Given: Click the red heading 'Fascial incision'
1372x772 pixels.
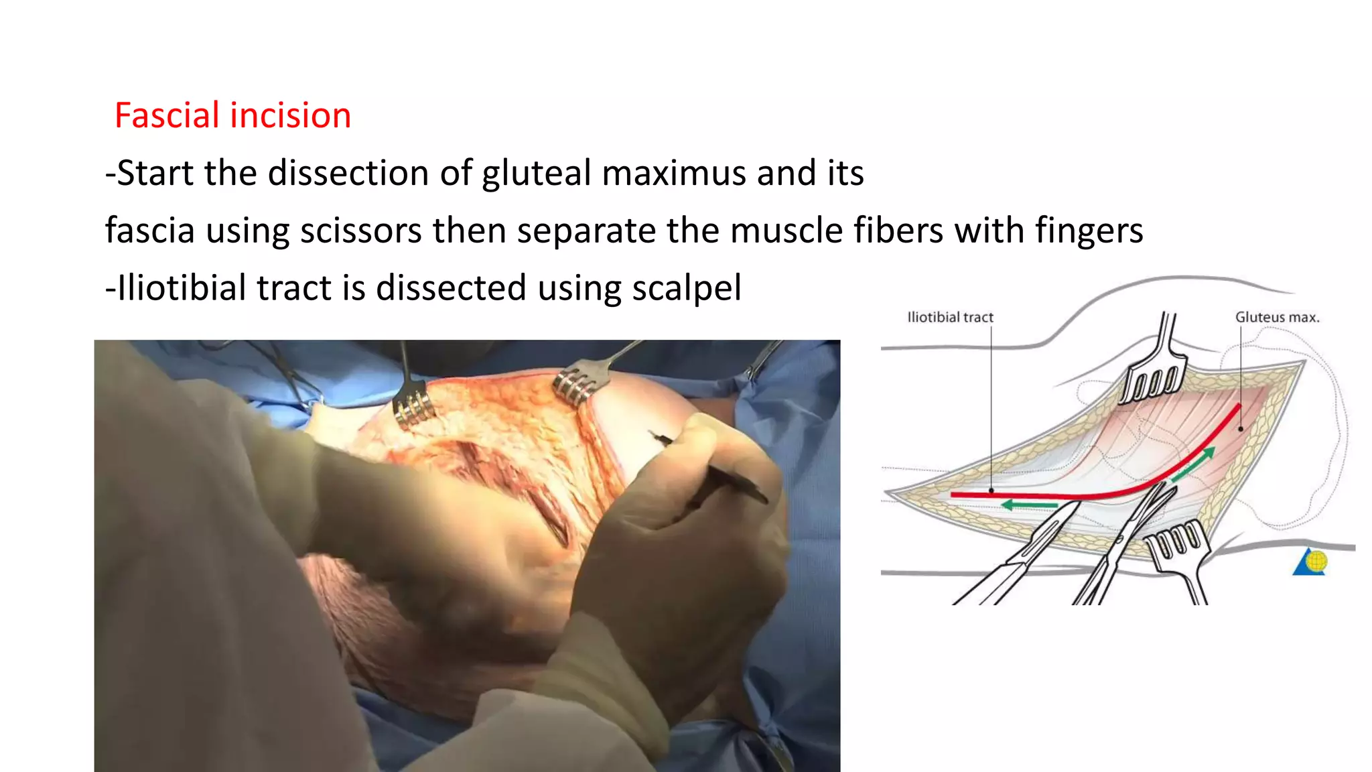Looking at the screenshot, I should coord(232,115).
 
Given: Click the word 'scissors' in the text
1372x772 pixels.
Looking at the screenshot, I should coord(360,231).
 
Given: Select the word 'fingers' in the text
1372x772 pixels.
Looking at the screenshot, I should coord(1089,231).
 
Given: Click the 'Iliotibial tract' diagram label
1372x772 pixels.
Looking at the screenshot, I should coord(950,317).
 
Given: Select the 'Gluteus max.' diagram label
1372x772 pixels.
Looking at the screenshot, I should coord(1277,317).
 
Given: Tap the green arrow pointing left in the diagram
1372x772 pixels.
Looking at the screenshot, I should coord(1029,505).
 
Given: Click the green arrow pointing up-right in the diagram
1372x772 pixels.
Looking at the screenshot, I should coord(1193,466).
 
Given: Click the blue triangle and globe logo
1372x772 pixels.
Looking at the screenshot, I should coord(1311,562).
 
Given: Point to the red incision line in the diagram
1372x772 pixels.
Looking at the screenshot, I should coord(1099,496).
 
